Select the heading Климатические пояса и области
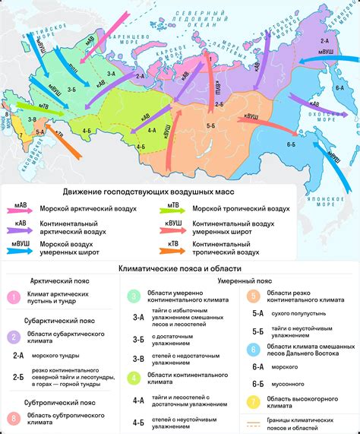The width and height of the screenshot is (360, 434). point(179,269)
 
